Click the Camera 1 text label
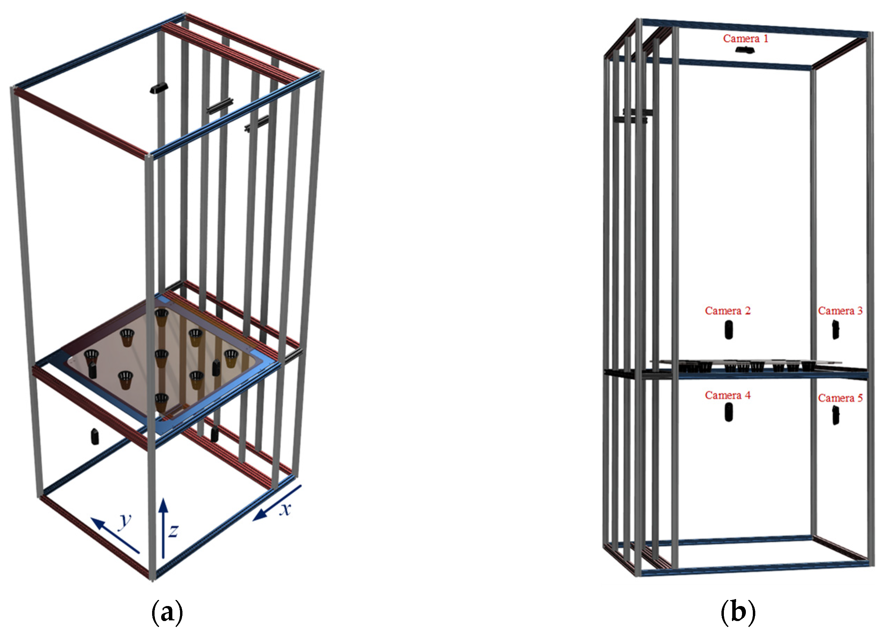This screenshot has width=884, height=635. (745, 39)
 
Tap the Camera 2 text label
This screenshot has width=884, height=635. (728, 311)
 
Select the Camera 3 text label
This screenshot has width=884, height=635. (840, 311)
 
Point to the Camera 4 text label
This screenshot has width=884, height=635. (728, 395)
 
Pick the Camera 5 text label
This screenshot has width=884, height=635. (840, 398)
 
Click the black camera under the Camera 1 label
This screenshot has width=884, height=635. (745, 50)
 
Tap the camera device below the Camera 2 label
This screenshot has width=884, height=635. (728, 330)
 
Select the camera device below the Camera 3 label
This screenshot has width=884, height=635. (835, 330)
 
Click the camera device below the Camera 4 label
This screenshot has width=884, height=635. (728, 412)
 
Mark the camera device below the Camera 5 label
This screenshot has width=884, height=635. (835, 416)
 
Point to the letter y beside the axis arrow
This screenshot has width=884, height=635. (125, 521)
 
